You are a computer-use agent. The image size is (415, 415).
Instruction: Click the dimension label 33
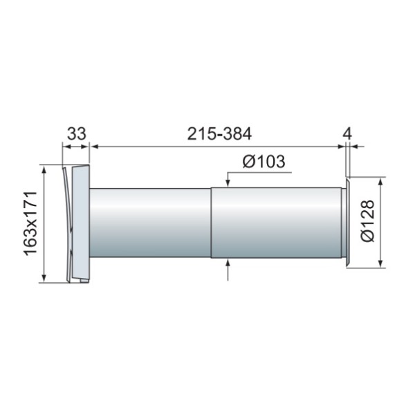click(x=77, y=134)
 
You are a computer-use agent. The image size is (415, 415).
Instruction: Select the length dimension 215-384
click(x=219, y=134)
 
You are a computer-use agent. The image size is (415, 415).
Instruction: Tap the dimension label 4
click(x=347, y=134)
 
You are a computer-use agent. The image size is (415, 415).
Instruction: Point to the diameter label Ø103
click(x=264, y=161)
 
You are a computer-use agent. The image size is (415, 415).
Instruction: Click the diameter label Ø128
click(x=368, y=221)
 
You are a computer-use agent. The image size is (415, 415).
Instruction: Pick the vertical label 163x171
click(x=30, y=223)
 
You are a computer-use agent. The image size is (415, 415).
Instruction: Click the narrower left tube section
click(x=150, y=223)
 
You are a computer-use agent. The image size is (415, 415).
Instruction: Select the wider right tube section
click(x=276, y=222)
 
